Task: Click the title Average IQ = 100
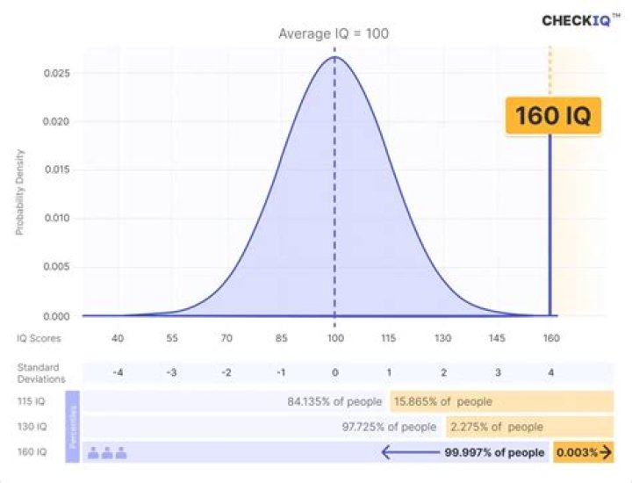[334, 34]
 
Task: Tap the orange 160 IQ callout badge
[552, 115]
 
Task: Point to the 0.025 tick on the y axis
[57, 73]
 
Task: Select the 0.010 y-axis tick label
[57, 219]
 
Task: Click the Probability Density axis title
[19, 192]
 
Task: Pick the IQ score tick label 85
[280, 338]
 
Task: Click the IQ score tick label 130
[443, 338]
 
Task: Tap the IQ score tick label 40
[118, 338]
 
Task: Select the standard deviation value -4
[118, 372]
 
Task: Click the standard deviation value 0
[334, 372]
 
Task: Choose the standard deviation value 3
[498, 372]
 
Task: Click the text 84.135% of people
[334, 402]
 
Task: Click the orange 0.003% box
[582, 453]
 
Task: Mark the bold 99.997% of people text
[494, 453]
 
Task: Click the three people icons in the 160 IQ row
[107, 453]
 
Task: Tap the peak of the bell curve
[334, 57]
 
